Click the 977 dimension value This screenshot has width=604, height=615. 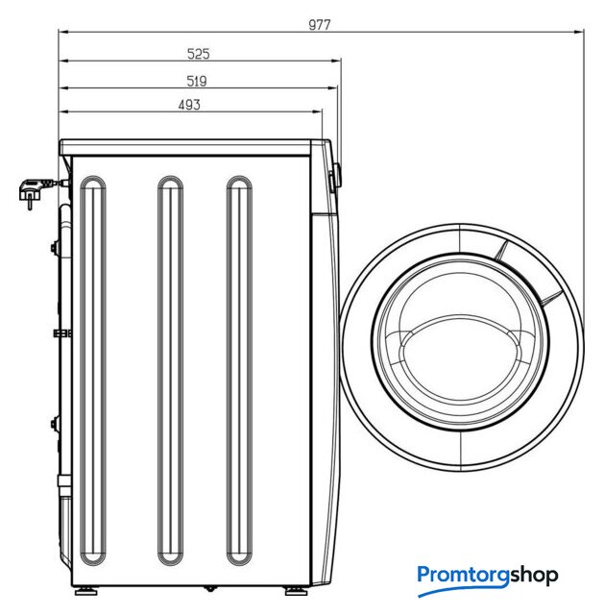point(320,25)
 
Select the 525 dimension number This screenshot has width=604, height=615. point(199,54)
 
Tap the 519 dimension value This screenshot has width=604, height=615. point(196,81)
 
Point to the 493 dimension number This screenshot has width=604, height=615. point(189,105)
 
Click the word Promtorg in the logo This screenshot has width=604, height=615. point(463,576)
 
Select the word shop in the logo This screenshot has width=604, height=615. point(534,576)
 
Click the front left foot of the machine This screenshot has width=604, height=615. point(297,590)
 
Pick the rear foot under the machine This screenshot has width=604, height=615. point(86,590)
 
